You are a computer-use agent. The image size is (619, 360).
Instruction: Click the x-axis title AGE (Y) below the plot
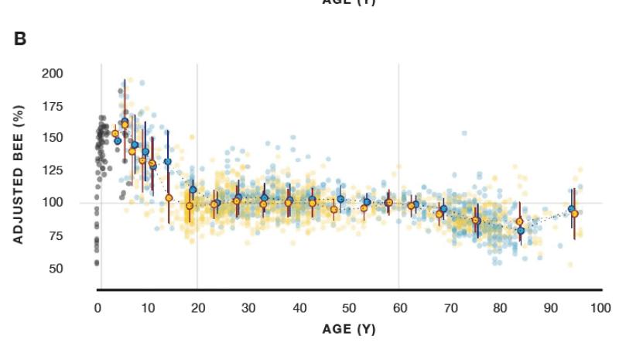348,329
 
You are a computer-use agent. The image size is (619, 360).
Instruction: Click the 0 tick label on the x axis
98,307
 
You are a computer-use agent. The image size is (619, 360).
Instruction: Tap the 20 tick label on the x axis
198,307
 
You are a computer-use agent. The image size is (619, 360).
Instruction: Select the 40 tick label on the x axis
299,307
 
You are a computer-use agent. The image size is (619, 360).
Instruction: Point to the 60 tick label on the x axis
398,307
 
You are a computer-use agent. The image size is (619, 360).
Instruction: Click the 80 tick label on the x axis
499,307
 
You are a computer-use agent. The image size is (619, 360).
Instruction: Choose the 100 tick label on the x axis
599,307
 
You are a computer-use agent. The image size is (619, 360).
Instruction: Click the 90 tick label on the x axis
549,307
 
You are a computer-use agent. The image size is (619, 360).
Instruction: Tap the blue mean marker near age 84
522,231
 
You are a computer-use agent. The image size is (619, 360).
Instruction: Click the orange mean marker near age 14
169,198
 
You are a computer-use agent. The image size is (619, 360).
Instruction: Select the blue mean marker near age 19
193,190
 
